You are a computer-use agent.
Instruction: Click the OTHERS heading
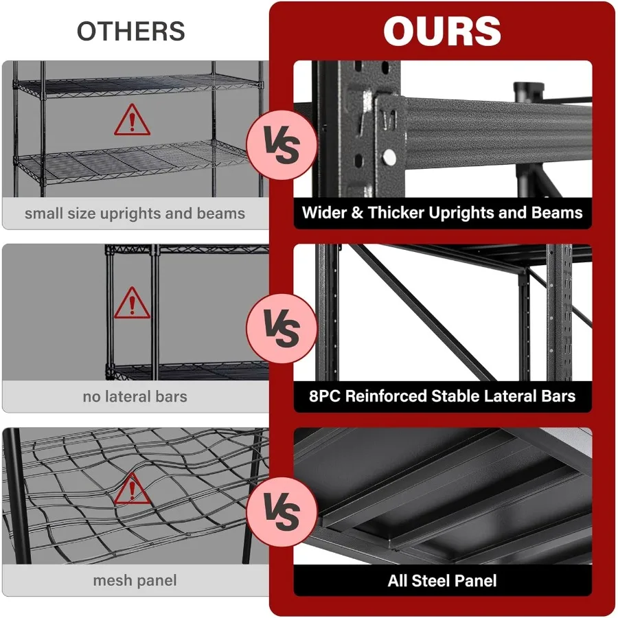point(130,32)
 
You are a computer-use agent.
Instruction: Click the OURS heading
point(442,32)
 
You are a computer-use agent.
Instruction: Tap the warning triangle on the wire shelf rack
point(132,122)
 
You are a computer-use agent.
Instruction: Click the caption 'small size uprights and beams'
point(135,214)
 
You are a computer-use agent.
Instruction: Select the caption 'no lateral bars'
point(135,396)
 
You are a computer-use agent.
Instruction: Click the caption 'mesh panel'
point(135,581)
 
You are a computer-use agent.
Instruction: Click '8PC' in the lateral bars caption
point(325,396)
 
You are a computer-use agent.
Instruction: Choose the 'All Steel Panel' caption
point(442,581)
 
